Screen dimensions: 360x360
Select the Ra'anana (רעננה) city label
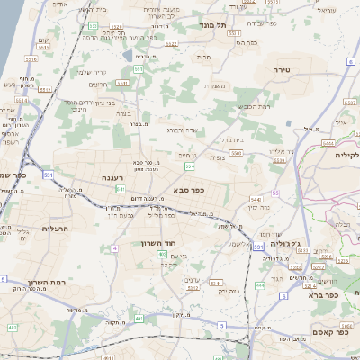(x=101, y=179)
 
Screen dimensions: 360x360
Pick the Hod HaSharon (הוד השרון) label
(x=156, y=243)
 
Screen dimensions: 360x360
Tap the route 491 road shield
(x=138, y=318)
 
